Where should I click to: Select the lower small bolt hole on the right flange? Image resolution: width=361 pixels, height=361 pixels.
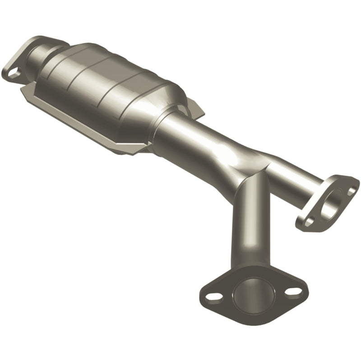(x=309, y=222)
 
